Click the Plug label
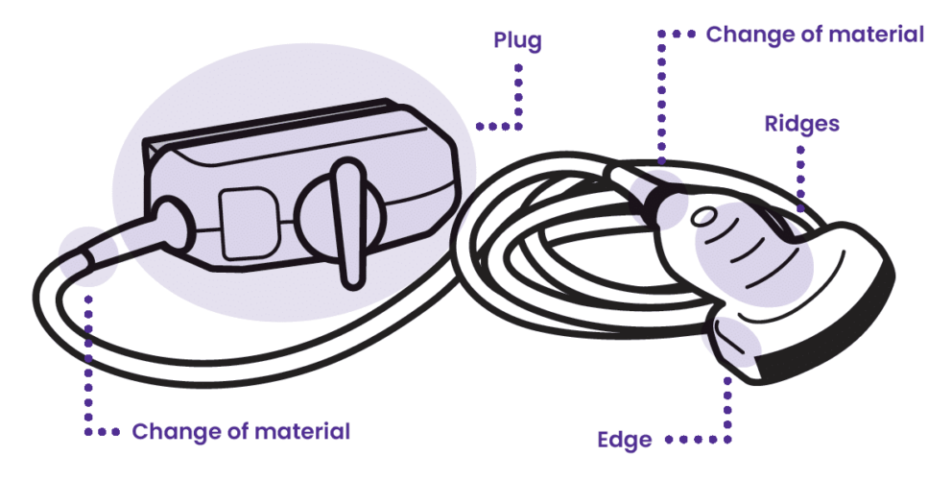point(517,41)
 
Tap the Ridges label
point(801,124)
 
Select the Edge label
point(624,441)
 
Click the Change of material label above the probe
point(815,35)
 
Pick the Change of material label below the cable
point(241,431)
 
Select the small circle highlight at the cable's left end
point(87,255)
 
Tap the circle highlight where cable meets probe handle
point(663,191)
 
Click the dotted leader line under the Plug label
point(518,96)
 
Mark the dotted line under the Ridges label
point(800,173)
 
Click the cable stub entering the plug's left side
point(171,219)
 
